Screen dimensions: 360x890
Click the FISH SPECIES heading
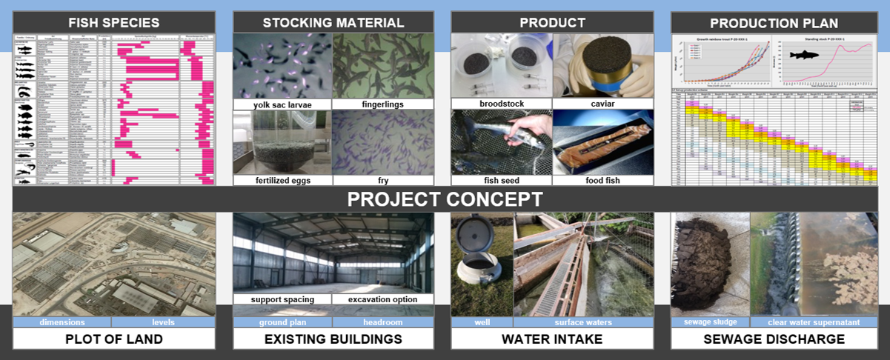point(114,22)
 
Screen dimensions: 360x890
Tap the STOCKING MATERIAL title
point(333,22)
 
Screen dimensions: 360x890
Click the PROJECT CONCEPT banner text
point(445,199)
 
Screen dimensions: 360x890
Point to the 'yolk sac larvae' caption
point(282,104)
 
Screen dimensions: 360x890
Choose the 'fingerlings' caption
point(383,104)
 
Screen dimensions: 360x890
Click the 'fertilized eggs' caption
point(282,180)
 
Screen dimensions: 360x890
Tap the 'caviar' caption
point(602,104)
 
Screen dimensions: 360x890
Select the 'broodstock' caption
point(501,104)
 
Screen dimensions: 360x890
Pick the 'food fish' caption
point(602,180)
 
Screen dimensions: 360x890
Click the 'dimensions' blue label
point(62,322)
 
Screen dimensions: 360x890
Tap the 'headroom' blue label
point(382,322)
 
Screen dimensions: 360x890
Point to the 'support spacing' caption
point(282,299)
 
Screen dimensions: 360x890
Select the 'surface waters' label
point(583,322)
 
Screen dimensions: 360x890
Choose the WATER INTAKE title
point(552,339)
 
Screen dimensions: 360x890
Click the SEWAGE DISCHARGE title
point(774,339)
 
